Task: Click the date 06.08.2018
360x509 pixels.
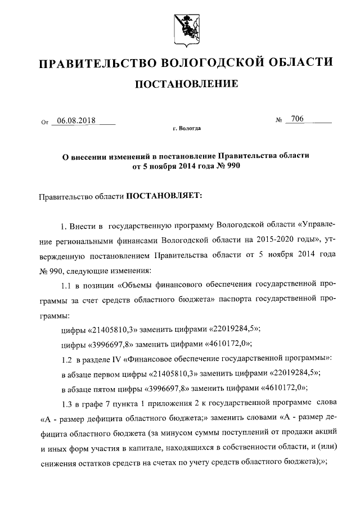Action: click(76, 120)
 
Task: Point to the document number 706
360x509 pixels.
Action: click(297, 119)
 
